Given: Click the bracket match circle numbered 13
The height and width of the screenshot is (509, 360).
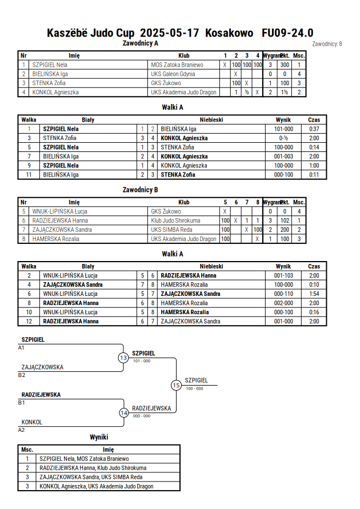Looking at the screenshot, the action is pyautogui.click(x=123, y=358).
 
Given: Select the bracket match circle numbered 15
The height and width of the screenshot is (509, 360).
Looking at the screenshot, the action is pyautogui.click(x=176, y=386).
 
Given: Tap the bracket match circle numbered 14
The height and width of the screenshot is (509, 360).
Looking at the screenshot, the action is pyautogui.click(x=123, y=413).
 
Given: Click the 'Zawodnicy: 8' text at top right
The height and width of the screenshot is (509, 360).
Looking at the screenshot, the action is pyautogui.click(x=327, y=44).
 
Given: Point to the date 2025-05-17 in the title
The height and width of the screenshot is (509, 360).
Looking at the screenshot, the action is pyautogui.click(x=169, y=33).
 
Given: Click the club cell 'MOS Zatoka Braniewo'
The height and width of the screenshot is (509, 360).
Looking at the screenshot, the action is pyautogui.click(x=177, y=65).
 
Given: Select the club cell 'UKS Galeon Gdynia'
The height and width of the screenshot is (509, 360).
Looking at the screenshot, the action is pyautogui.click(x=173, y=74).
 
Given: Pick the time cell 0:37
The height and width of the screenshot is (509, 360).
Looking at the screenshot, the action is pyautogui.click(x=314, y=129).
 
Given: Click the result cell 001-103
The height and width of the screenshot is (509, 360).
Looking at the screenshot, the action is pyautogui.click(x=283, y=275).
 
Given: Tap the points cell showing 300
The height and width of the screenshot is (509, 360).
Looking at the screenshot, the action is pyautogui.click(x=285, y=65).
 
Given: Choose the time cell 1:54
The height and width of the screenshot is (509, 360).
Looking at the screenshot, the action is pyautogui.click(x=314, y=294).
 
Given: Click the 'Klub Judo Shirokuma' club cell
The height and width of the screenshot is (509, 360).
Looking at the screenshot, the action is pyautogui.click(x=175, y=221).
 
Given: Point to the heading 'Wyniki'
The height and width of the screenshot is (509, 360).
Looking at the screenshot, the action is pyautogui.click(x=99, y=437).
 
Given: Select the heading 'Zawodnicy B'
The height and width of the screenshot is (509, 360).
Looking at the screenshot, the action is pyautogui.click(x=140, y=190).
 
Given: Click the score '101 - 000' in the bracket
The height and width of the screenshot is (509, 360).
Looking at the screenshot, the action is pyautogui.click(x=142, y=361).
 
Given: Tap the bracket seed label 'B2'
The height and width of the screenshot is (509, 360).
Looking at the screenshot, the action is pyautogui.click(x=21, y=375).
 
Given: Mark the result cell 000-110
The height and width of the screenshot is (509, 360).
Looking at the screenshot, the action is pyautogui.click(x=283, y=294).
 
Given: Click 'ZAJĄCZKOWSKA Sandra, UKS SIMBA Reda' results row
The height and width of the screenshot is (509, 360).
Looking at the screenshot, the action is pyautogui.click(x=91, y=477).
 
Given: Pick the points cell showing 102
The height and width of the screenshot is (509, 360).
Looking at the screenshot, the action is pyautogui.click(x=285, y=221).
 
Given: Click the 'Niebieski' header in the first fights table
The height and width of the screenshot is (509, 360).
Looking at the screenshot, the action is pyautogui.click(x=211, y=120).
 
